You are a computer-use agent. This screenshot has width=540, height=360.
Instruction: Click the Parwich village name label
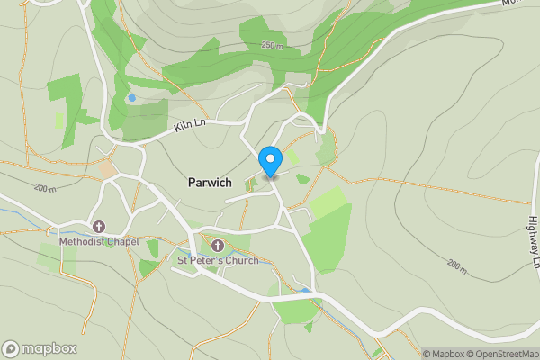coord(210,182)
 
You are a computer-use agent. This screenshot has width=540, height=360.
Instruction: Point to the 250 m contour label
coord(273,45)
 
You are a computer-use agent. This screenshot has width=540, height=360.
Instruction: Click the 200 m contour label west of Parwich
coord(45,189)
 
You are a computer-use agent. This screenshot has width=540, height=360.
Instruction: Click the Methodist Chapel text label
coord(96,241)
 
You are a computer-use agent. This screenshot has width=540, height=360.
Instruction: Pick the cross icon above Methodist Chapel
coord(98,226)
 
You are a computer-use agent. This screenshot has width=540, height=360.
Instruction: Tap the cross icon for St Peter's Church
coord(217,245)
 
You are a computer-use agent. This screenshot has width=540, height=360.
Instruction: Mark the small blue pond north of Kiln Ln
coord(132,97)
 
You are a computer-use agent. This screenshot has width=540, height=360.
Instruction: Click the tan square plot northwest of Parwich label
coord(109,167)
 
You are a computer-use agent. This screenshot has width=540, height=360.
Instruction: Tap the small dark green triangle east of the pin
coord(303,178)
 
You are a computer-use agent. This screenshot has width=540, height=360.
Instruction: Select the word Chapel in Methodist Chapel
coord(116,241)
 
